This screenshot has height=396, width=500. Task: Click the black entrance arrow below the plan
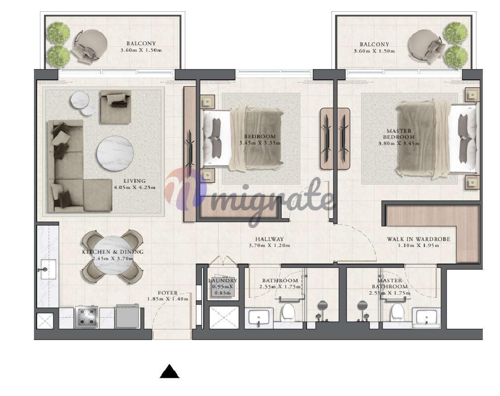(x=169, y=372)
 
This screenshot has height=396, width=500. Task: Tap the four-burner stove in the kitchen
(x=86, y=317)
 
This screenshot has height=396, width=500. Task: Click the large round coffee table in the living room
(x=115, y=154)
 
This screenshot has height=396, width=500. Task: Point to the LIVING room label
(x=135, y=181)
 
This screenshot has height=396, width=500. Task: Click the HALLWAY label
(x=269, y=239)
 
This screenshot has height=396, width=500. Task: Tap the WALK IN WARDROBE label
(x=418, y=239)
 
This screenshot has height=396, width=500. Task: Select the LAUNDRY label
(x=222, y=280)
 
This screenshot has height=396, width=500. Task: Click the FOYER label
(x=168, y=293)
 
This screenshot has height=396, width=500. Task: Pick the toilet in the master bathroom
(x=398, y=312)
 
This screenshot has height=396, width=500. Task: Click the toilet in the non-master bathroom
(x=288, y=312)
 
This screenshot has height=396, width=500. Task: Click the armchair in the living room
(x=115, y=106)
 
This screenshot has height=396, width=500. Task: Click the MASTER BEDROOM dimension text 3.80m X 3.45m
(x=399, y=144)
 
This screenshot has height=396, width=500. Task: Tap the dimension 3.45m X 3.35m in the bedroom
(x=260, y=143)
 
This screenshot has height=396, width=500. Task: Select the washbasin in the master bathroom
(x=426, y=318)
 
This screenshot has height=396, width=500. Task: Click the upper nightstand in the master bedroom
(x=472, y=95)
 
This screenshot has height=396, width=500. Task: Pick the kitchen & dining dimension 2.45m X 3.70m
(x=113, y=258)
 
